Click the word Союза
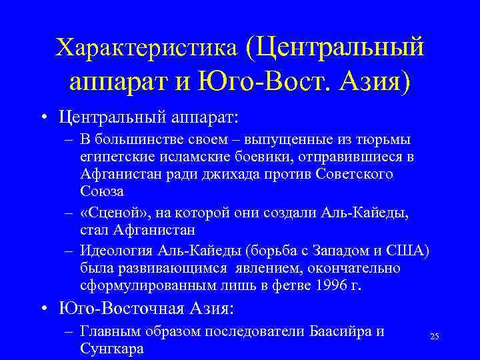[x=102, y=191]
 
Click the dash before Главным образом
[x=69, y=331]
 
